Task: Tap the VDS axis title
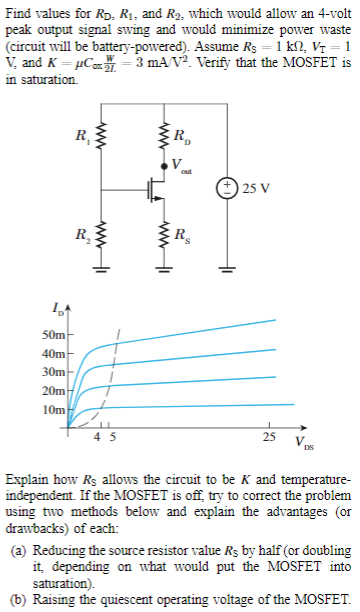tap(301, 441)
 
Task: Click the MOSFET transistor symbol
tap(150, 187)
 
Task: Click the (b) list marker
tap(16, 599)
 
